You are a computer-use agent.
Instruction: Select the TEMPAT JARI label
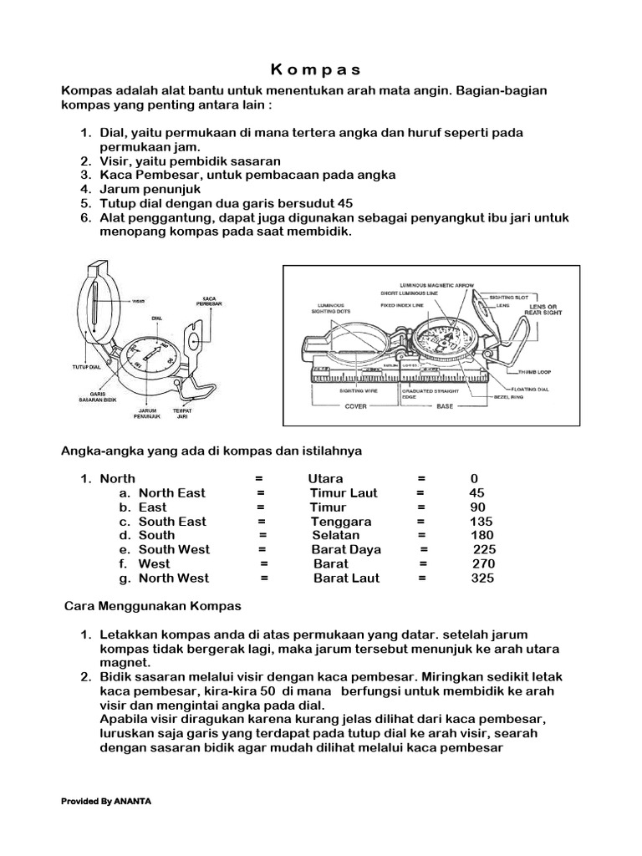[183, 412]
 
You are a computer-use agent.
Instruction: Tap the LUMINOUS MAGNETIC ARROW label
[437, 283]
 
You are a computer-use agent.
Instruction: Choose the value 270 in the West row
[483, 563]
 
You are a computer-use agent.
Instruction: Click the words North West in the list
[174, 578]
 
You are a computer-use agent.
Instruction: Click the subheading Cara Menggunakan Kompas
[153, 605]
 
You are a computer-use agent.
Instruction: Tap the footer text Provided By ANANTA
[105, 801]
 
